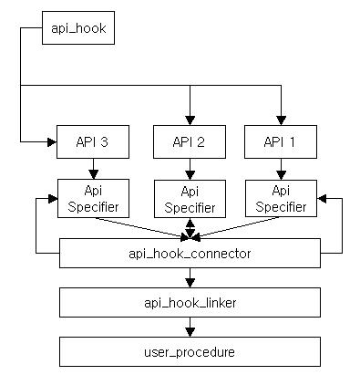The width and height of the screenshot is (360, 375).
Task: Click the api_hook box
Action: click(x=78, y=29)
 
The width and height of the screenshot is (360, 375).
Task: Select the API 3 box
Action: click(x=93, y=141)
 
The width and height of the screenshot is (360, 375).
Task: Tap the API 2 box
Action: click(x=190, y=141)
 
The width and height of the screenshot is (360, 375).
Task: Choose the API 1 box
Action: click(x=281, y=141)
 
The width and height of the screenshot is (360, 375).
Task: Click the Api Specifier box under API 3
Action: click(x=93, y=198)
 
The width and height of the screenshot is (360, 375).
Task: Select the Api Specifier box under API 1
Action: click(x=281, y=198)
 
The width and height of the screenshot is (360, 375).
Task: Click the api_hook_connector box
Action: click(x=190, y=253)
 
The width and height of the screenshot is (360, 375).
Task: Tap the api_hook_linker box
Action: click(x=190, y=302)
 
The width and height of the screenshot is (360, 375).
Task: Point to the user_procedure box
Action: click(x=190, y=350)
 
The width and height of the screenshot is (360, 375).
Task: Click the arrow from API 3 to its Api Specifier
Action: click(x=93, y=168)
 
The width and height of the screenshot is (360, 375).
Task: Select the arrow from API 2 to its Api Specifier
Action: click(x=190, y=168)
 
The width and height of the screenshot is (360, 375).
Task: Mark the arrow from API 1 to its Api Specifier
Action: click(x=281, y=168)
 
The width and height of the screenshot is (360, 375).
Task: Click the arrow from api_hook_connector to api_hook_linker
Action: click(x=190, y=277)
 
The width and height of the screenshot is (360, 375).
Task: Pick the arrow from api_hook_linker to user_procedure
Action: click(x=190, y=327)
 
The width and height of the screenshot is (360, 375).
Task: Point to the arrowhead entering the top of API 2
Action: click(x=190, y=120)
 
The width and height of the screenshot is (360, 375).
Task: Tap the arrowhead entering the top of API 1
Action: click(x=281, y=120)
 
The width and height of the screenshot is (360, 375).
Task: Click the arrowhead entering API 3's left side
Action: click(x=51, y=141)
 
